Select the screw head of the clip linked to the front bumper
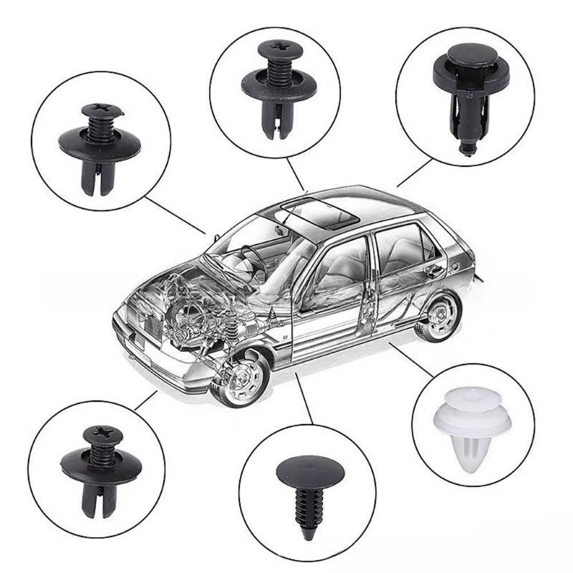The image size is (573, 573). pos(98,434)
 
